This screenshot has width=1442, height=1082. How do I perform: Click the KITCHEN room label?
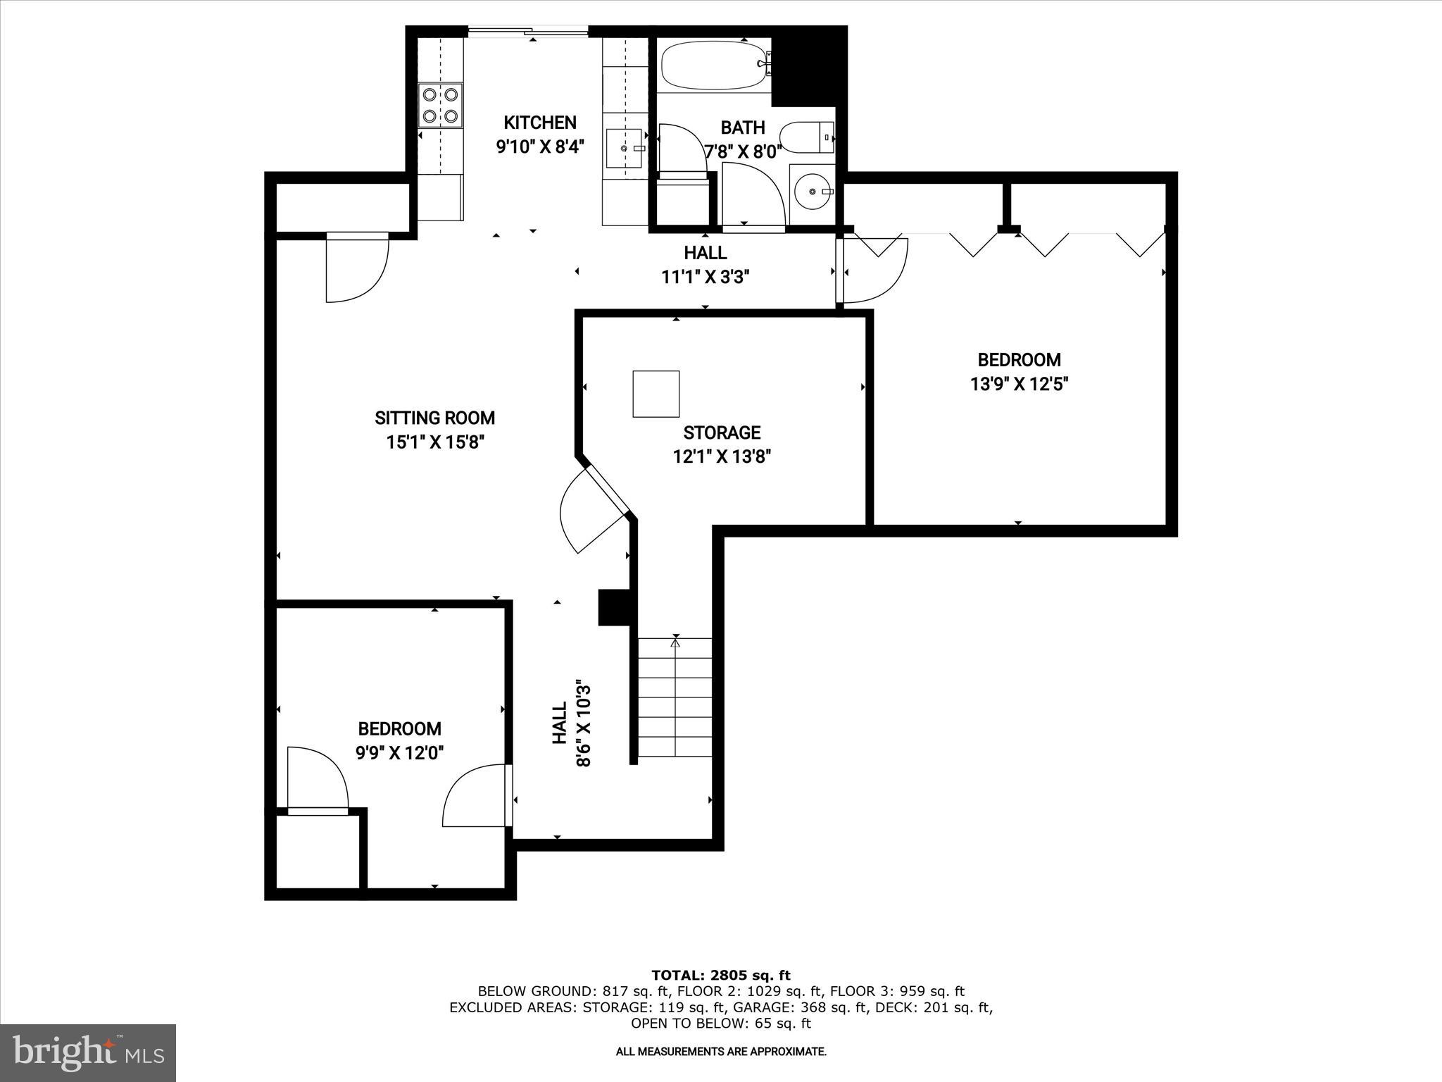tap(540, 123)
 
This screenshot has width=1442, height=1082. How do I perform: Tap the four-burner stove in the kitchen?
tap(441, 106)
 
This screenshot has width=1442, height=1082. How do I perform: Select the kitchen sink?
tap(625, 149)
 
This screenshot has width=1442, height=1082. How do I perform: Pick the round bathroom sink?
tap(812, 191)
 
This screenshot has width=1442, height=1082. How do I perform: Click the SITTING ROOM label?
tap(434, 418)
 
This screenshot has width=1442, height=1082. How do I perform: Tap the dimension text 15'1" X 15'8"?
tap(434, 443)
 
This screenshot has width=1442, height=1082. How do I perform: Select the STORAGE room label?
tap(722, 433)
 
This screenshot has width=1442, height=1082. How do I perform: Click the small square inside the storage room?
tap(656, 394)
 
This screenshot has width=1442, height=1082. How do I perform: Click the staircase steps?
tap(675, 697)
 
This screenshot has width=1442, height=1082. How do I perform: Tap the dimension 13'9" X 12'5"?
tap(1019, 385)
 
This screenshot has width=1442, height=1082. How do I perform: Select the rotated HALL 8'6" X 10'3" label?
tap(571, 723)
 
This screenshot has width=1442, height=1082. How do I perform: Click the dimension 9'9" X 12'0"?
tap(399, 753)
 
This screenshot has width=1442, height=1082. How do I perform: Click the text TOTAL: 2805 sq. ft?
tap(721, 975)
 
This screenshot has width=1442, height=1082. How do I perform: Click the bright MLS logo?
tap(88, 1053)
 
